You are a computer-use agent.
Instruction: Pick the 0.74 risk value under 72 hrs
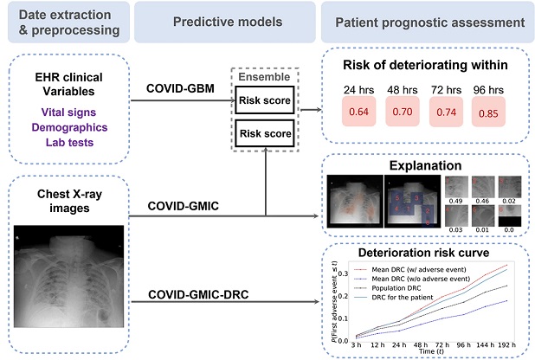coord(445,113)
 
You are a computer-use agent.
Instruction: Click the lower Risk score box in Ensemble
coord(267,134)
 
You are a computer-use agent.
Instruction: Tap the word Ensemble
coord(267,77)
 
